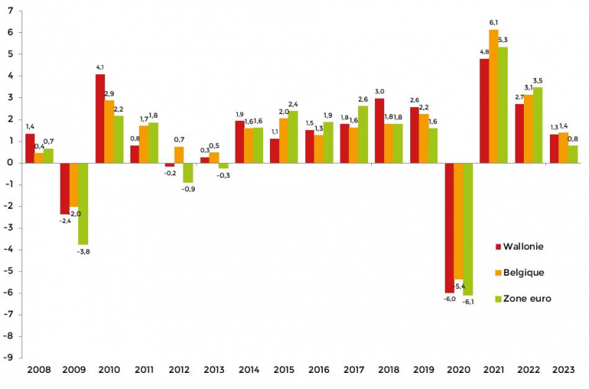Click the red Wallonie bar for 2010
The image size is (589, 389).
point(100,119)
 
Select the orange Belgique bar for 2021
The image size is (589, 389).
point(493,96)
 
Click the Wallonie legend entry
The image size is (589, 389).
point(525,247)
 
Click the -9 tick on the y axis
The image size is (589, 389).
point(8,358)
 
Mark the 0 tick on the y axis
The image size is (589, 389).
point(11,163)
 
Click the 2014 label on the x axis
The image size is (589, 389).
point(249,371)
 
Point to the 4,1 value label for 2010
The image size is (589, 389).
point(100,68)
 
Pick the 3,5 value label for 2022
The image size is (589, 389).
point(538,81)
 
